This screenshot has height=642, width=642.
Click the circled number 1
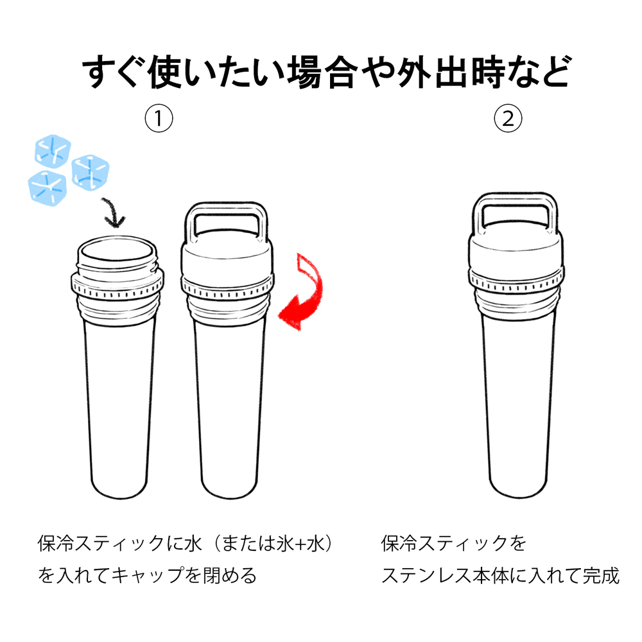tap(159, 119)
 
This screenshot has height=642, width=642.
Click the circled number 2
tap(508, 119)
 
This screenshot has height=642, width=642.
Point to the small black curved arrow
tap(114, 212)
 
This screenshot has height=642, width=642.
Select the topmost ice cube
tap(53, 151)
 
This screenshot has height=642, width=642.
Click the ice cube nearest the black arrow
tap(91, 172)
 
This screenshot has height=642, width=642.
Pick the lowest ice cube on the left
tap(47, 188)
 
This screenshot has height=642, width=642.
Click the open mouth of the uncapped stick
tap(117, 250)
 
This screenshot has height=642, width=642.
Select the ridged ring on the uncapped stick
tap(117, 286)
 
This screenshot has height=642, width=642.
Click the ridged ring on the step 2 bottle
tap(516, 281)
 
